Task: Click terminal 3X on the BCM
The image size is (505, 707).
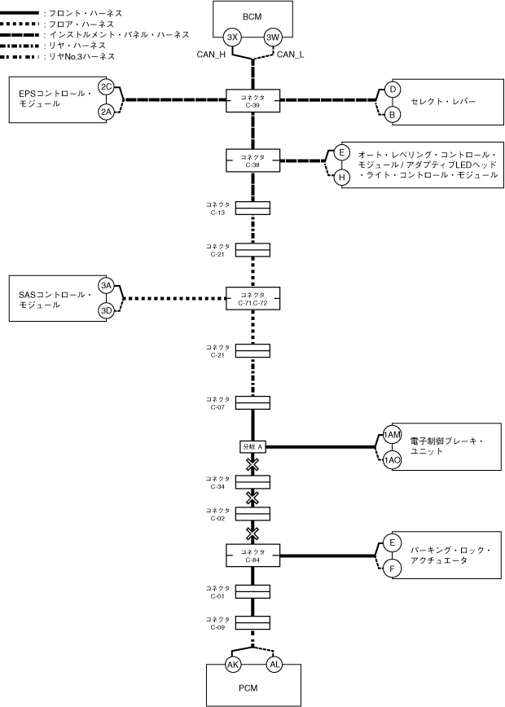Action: pos(233,37)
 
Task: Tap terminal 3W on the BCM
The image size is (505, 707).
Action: pos(273,37)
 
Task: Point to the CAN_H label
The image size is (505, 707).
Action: pos(212,55)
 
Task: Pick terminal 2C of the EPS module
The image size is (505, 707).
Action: pos(106,86)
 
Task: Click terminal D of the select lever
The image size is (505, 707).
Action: pos(392,89)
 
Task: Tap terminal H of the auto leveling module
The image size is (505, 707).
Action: pos(342,177)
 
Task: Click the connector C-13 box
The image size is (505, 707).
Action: pos(253,209)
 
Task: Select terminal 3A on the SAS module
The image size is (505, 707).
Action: pos(106,285)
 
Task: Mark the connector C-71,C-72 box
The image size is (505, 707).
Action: pos(253,298)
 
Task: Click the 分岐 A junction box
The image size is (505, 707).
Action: pos(253,446)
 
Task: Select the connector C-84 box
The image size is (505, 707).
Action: pos(253,555)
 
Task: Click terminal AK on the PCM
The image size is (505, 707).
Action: pos(233,665)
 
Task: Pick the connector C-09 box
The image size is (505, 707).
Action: pos(253,624)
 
